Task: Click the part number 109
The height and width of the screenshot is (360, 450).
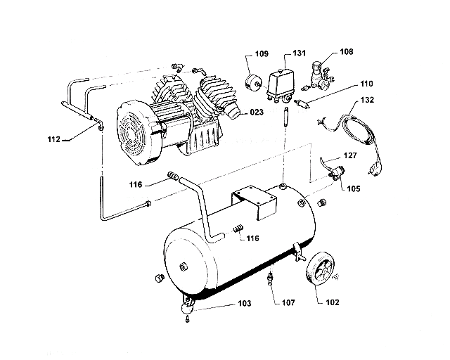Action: click(262, 53)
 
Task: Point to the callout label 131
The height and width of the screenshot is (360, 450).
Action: click(299, 53)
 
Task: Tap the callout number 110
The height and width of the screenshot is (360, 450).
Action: click(366, 84)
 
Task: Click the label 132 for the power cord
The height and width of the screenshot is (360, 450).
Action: click(366, 101)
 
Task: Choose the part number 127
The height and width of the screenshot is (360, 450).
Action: click(350, 155)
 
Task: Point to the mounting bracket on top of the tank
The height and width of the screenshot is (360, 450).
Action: click(253, 200)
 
